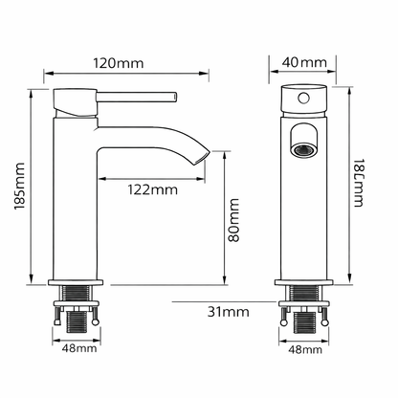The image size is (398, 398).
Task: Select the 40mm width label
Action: (x=304, y=63)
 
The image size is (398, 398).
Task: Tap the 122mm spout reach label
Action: (x=153, y=189)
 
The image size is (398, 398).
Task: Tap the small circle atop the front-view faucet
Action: (x=305, y=99)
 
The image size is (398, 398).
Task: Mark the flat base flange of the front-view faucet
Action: (x=305, y=284)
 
